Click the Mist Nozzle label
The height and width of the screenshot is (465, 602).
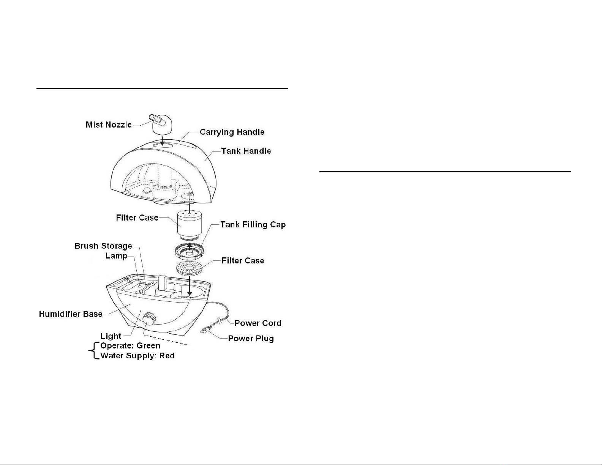pos(109,125)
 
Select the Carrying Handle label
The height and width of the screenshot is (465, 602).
pos(232,132)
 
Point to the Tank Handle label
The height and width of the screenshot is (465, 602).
pos(246,151)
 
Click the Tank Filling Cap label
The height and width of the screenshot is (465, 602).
pos(253,224)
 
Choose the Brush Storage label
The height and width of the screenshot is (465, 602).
pos(103,246)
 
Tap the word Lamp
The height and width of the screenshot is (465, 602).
pos(116,256)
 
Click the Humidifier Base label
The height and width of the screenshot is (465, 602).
pos(71,314)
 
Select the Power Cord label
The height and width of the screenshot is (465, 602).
pos(258,323)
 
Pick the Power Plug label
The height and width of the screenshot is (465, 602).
pos(251,339)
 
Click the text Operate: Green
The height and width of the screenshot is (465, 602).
pos(130,346)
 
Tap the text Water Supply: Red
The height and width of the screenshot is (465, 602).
pos(137,356)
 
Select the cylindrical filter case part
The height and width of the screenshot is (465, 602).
pos(190,225)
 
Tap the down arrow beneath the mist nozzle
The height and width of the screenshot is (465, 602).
pos(162,140)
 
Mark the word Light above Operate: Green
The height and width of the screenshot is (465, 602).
pos(111,336)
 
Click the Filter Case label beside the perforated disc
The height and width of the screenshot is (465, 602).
pos(243,260)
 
